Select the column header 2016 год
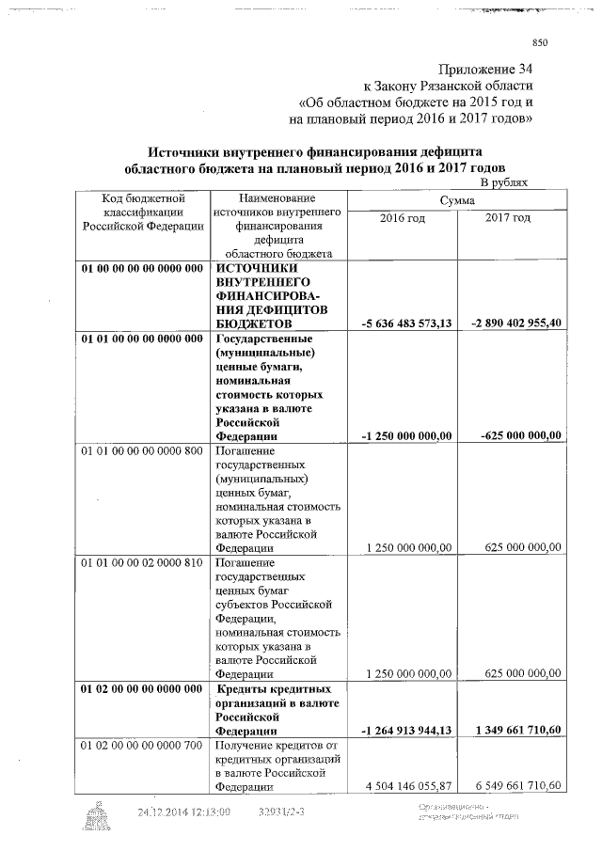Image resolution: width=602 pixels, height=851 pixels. tap(402, 218)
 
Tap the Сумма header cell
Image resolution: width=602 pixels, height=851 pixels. tap(456, 200)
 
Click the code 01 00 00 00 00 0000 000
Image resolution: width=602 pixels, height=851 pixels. tap(142, 268)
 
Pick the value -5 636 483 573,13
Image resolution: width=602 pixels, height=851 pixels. tap(406, 323)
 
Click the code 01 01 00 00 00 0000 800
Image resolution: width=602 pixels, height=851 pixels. tap(142, 450)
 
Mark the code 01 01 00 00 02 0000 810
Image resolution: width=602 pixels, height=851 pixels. tap(142, 562)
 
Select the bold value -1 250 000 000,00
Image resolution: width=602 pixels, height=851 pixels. tap(406, 435)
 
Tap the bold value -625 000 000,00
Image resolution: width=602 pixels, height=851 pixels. tap(520, 435)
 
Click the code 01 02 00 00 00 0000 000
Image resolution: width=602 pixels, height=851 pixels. tap(142, 689)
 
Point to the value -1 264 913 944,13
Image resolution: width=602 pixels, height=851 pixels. tap(406, 731)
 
